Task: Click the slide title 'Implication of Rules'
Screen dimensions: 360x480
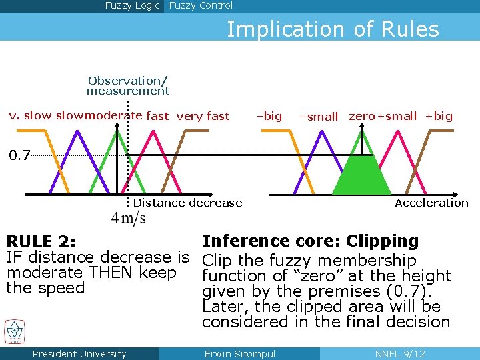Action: (333, 29)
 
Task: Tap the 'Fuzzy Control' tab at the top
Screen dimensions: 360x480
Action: (201, 6)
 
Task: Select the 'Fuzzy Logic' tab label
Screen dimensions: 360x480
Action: (132, 6)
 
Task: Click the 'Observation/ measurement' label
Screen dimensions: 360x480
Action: (127, 85)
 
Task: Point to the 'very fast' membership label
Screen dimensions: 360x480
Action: (203, 116)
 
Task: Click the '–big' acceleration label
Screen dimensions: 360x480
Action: (269, 116)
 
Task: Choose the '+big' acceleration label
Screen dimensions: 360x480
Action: (439, 116)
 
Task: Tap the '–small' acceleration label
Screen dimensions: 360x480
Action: (319, 117)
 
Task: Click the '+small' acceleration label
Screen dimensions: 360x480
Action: (397, 116)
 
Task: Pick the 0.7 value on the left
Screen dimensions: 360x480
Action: (19, 156)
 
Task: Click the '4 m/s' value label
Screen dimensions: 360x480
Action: (128, 218)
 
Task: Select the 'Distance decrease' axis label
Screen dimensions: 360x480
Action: (187, 203)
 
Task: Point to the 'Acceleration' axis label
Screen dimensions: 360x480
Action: (431, 203)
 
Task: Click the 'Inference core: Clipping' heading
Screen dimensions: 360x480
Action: (310, 241)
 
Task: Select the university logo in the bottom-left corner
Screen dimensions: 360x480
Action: (15, 331)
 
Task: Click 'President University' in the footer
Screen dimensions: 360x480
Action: (79, 354)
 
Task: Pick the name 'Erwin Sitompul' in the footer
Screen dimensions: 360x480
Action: (239, 354)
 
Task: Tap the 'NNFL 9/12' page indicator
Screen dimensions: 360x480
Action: (400, 354)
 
